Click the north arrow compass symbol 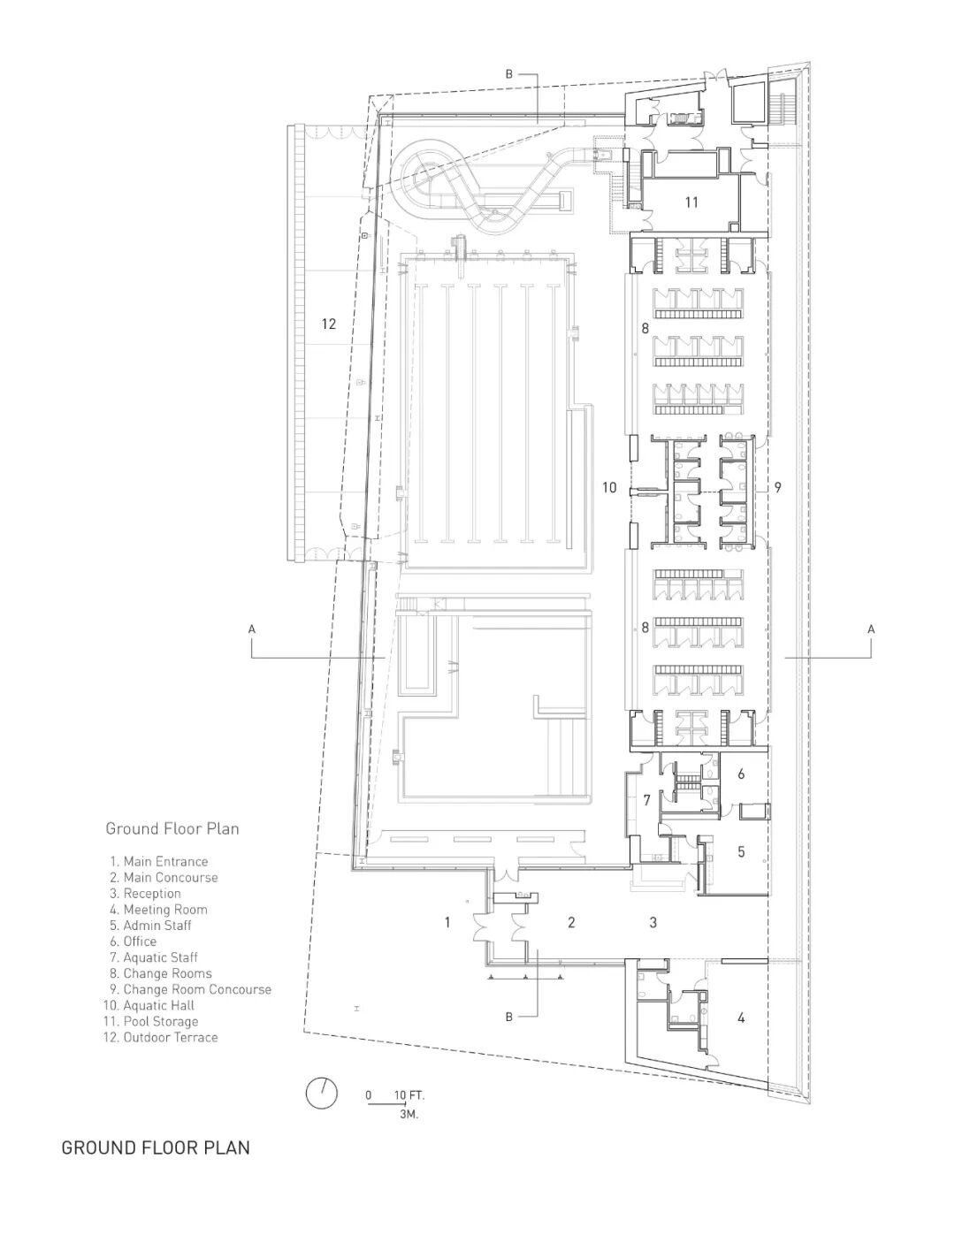pos(322,1094)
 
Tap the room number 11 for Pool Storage pos(691,202)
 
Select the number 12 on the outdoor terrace pos(329,324)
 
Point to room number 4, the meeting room pos(741,1018)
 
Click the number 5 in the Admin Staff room pos(741,852)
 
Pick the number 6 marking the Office pos(741,774)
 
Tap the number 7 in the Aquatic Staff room pos(646,801)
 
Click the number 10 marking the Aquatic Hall pos(608,487)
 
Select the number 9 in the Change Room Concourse pos(777,487)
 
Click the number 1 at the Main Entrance pos(447,923)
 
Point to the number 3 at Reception pos(653,923)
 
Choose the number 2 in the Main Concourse pos(571,923)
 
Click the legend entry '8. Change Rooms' pos(161,973)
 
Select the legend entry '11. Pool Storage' pos(150,1021)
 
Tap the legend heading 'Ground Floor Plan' pos(172,828)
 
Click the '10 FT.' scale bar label pos(409,1095)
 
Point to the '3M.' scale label pos(409,1115)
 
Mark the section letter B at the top pos(508,75)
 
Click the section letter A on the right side pos(871,629)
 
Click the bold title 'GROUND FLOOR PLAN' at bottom pos(156,1147)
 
